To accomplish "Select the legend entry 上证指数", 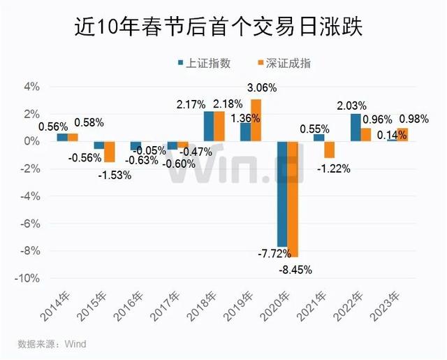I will pos(205,63).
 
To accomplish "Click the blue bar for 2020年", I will pos(282,194).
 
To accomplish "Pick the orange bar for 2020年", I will pos(293,199).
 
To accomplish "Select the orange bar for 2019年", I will pos(256,120).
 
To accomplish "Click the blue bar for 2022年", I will pos(356,127).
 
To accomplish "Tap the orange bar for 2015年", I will pos(110,152).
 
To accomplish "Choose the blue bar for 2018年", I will pos(209,127).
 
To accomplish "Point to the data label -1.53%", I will pos(113,173).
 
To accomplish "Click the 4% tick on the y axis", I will pos(31,87).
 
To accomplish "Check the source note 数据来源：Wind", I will pos(52,344).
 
